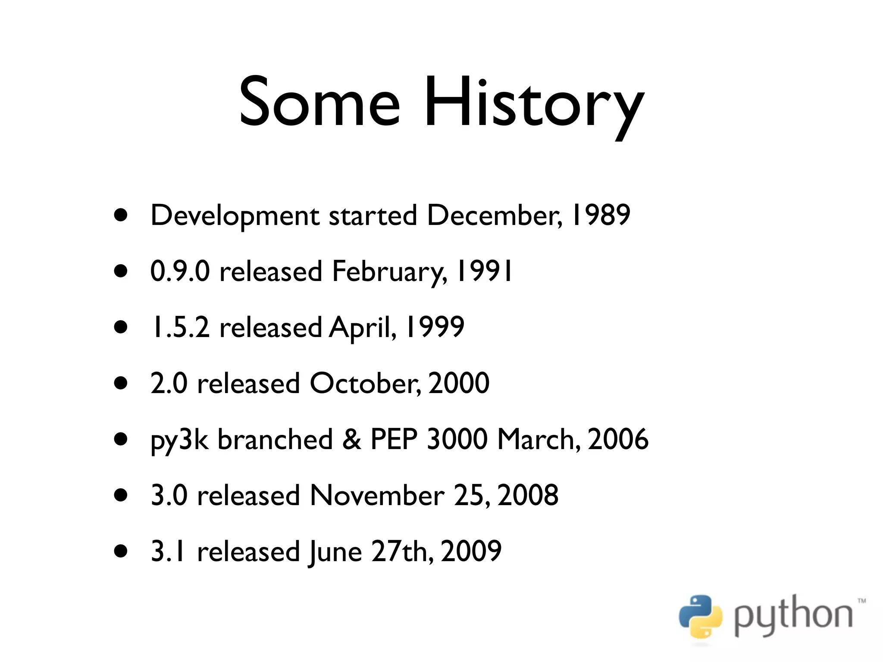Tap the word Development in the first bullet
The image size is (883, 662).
[235, 215]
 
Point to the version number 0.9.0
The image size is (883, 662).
[180, 271]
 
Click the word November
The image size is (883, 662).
[377, 495]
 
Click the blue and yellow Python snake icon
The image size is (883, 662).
[700, 617]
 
